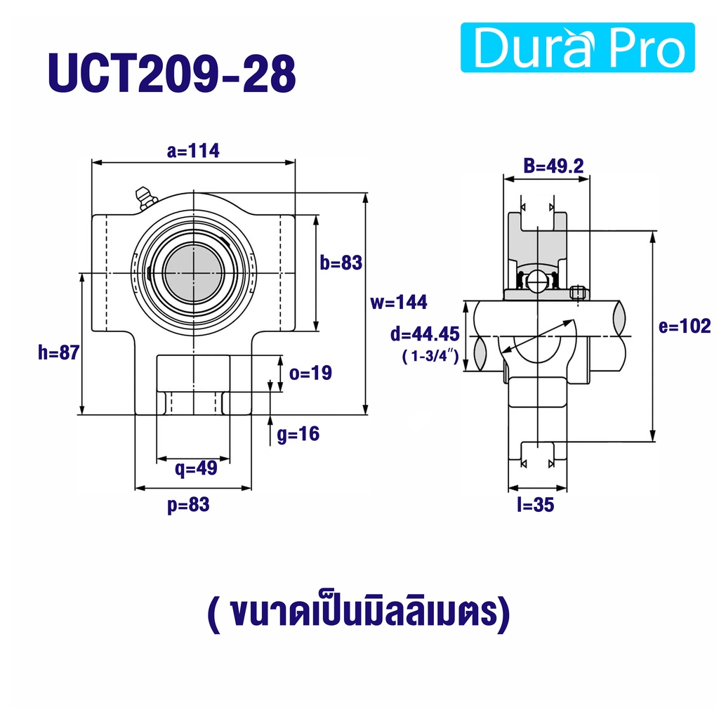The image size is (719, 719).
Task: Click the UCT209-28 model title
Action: point(172,73)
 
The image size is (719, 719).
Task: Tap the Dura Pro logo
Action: point(577,47)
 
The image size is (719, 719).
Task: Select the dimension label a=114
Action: point(193,150)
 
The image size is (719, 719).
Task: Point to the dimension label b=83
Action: point(341,263)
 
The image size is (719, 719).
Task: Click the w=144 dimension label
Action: point(399,302)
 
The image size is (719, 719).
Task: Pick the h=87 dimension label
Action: point(59,352)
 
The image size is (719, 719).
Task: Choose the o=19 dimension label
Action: point(310,373)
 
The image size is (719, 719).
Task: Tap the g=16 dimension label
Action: point(298,434)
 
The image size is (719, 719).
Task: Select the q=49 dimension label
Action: point(196,468)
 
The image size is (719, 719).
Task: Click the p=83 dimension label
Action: point(188,504)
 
